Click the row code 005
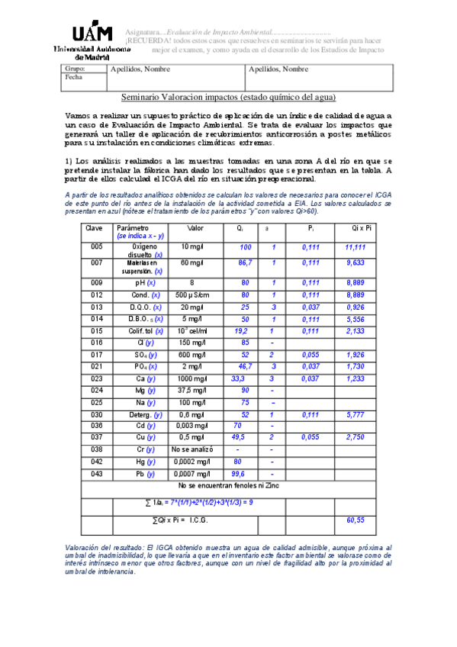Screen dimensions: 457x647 coord(96,247)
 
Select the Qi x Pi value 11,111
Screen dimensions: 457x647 coord(355,248)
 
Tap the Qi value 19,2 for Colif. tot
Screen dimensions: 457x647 coord(241,331)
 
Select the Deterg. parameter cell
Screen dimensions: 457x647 coord(143,414)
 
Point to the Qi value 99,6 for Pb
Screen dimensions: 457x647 coord(241,474)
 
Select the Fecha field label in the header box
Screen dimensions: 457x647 coord(74,78)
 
